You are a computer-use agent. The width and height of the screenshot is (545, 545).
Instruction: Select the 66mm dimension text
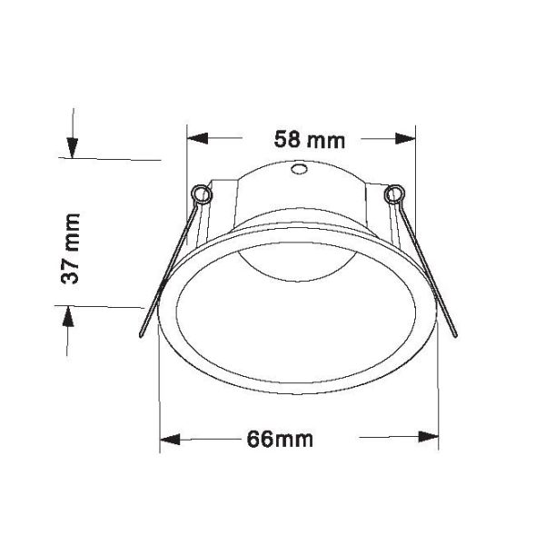tap(280, 440)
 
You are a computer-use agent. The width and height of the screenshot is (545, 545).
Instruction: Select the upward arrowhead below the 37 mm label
tap(71, 318)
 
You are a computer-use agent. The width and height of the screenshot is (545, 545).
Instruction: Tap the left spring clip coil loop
tap(203, 194)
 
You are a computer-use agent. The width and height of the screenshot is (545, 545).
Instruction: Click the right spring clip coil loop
tap(392, 194)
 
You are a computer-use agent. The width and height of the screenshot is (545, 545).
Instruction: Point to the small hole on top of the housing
tap(299, 170)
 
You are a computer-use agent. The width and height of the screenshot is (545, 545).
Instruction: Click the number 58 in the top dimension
tap(288, 140)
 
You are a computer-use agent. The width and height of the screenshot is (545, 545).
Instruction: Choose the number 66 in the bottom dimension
tap(259, 440)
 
